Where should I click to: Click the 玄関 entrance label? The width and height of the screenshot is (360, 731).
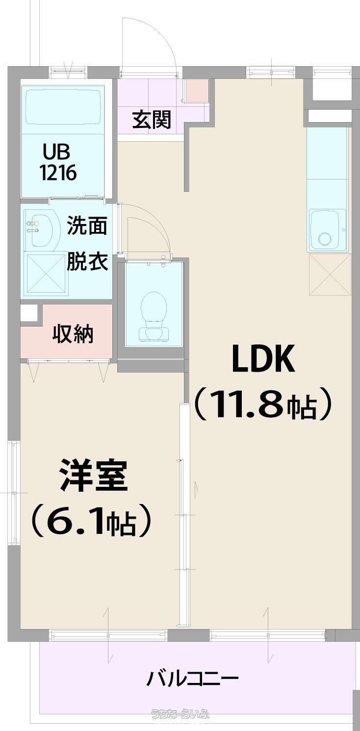click(152, 120)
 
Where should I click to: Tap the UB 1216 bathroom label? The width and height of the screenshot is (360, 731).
click(58, 162)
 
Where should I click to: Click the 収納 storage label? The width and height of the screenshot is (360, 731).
click(73, 333)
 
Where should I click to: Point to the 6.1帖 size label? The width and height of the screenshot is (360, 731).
click(91, 525)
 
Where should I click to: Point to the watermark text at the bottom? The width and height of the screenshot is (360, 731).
click(180, 723)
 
